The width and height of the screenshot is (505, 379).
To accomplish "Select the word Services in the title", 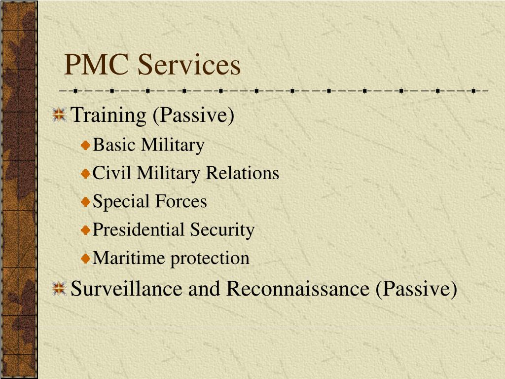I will [189, 65].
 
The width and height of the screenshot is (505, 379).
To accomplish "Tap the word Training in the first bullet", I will [109, 115].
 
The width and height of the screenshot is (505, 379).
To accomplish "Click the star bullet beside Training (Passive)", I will [59, 114].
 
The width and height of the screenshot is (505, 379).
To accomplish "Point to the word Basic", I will [113, 145].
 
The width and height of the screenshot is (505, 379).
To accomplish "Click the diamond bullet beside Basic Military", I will [85, 145].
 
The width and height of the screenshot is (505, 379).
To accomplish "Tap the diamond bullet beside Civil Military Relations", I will [85, 173].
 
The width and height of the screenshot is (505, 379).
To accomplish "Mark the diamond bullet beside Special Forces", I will [85, 202].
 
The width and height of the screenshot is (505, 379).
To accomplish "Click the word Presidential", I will [139, 229].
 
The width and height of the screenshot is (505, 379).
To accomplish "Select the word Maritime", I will [129, 258].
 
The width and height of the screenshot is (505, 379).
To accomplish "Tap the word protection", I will [210, 259].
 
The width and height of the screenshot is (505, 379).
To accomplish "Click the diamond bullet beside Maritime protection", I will [85, 258].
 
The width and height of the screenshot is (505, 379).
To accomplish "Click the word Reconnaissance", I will [298, 289].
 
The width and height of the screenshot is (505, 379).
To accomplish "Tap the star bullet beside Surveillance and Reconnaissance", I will [59, 288].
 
